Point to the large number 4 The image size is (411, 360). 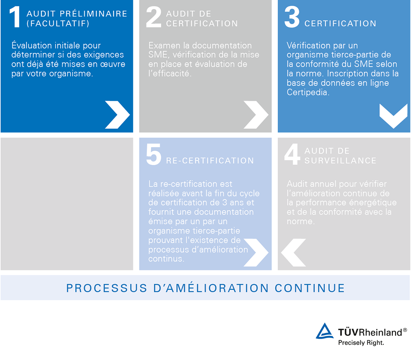(x=292, y=154)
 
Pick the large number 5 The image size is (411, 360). (x=154, y=155)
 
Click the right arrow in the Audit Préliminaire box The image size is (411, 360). (x=118, y=115)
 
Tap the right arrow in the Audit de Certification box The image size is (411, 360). (x=256, y=115)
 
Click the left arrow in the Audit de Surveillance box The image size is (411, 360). (x=293, y=252)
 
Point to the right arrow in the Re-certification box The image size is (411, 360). (x=256, y=252)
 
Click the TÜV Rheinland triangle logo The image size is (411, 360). (x=324, y=331)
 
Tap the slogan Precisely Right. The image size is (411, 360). (x=361, y=342)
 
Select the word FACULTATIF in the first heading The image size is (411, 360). (x=58, y=24)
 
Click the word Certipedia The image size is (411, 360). (x=308, y=92)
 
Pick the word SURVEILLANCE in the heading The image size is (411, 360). (x=340, y=161)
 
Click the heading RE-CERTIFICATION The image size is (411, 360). (x=210, y=161)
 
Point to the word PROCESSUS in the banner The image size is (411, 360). (x=107, y=288)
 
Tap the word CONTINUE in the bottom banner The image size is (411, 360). (x=309, y=288)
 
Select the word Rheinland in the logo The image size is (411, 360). (x=380, y=332)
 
